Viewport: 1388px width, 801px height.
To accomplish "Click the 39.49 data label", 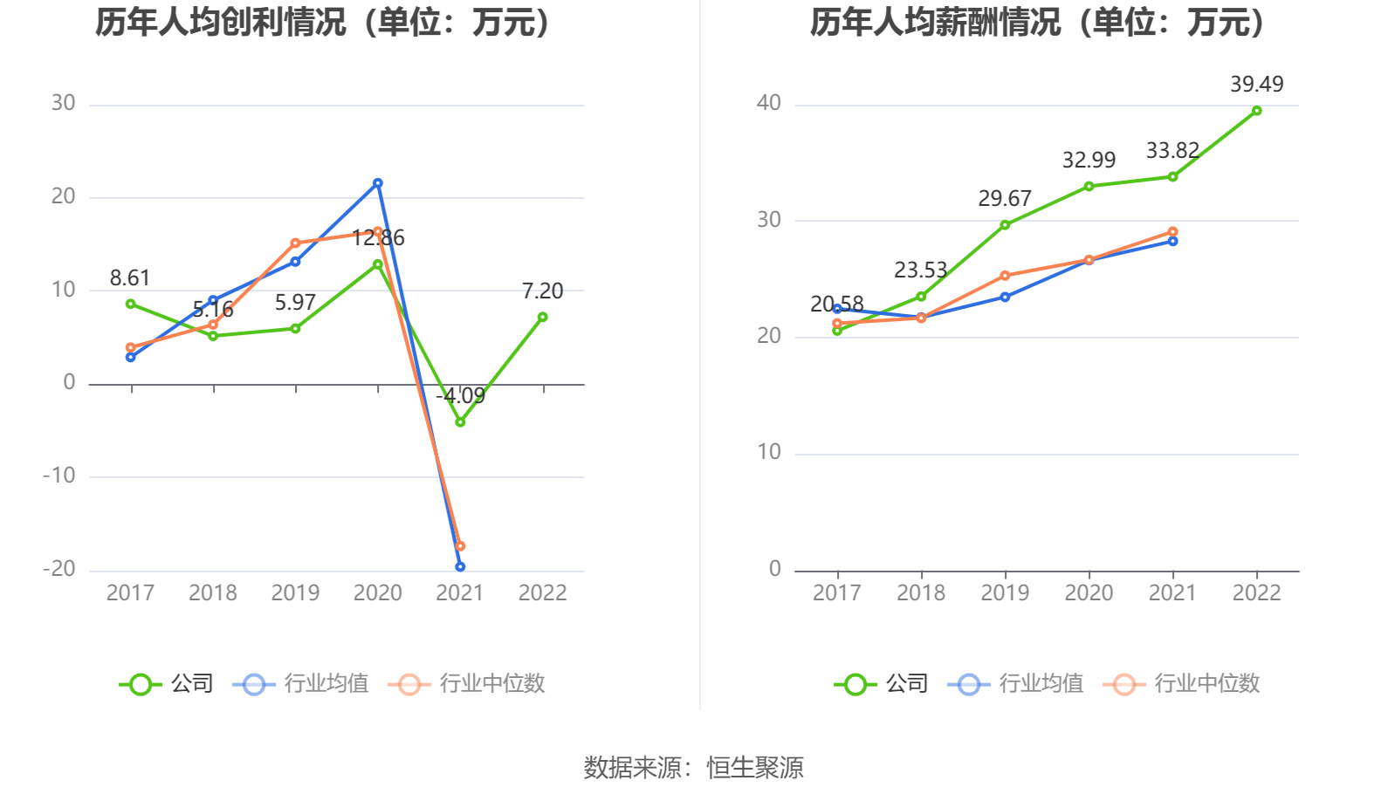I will point(1256,85).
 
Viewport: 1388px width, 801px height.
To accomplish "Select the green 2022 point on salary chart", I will point(1256,111).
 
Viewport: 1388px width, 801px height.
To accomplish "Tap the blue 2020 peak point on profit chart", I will point(378,183).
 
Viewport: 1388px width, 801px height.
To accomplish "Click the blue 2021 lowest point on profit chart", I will point(460,567).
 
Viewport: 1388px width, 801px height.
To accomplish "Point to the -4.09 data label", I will point(460,396).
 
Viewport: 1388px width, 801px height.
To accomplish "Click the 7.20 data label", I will point(542,291).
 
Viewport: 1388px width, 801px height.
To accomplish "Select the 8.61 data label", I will point(130,278).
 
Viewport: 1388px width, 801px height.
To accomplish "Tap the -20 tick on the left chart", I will point(59,569).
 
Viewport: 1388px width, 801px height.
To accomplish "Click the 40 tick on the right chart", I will point(768,103).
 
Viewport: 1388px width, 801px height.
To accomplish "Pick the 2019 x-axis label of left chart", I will point(295,593).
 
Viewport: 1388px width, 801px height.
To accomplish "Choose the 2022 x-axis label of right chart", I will point(1256,593).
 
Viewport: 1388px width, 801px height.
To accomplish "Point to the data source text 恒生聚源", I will point(755,768).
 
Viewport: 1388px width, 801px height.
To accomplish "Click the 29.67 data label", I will point(1004,199).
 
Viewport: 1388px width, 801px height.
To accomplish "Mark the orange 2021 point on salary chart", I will point(1172,232).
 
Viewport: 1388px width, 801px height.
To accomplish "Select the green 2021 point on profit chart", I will point(460,422).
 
